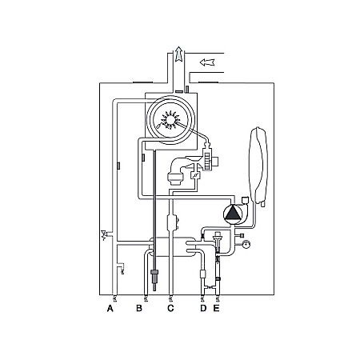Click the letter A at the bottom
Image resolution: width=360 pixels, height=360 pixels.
pos(110,306)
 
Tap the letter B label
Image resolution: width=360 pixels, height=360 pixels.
pos(138,306)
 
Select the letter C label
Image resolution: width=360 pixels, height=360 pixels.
pos(170,306)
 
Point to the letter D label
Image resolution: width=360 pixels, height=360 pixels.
pos(202,306)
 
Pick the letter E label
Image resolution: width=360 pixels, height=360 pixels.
pos(217,306)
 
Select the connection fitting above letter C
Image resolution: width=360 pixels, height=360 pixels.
pos(170,297)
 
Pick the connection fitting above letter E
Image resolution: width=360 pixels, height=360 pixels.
pos(218,297)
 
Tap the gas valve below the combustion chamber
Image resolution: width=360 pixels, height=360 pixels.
pos(178,175)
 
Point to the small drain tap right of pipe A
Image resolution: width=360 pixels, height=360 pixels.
pos(121,269)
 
